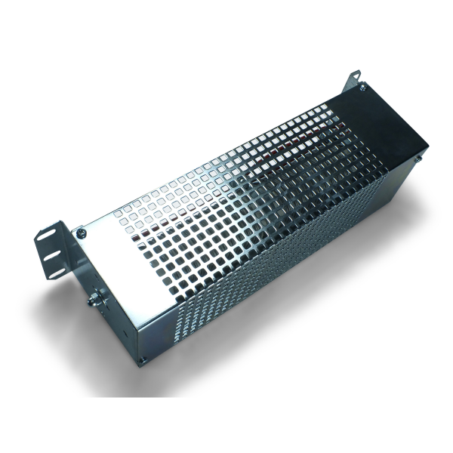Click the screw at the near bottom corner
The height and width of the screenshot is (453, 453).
point(140,360)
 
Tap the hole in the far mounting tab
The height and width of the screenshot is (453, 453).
point(355,77)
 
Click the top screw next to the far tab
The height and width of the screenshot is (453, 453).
point(363,88)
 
